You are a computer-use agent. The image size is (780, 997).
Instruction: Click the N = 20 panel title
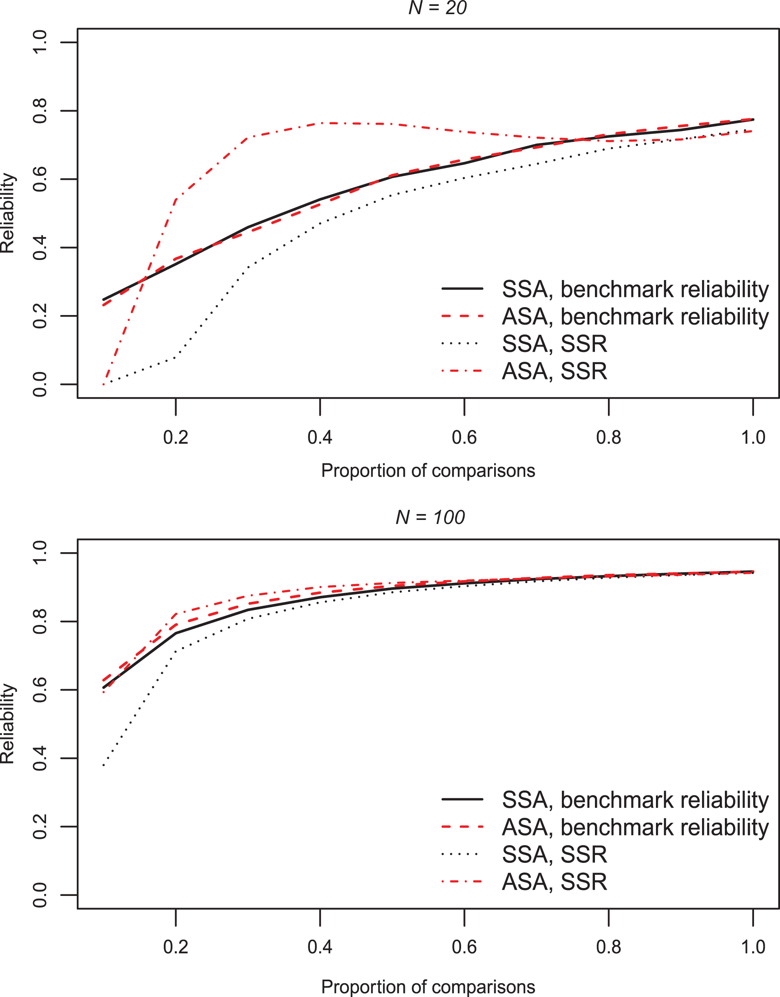[437, 8]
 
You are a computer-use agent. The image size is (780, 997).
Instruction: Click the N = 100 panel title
[430, 517]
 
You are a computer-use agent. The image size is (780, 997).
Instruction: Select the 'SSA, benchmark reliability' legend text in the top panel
[635, 289]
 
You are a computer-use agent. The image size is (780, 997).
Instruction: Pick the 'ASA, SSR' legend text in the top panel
[554, 371]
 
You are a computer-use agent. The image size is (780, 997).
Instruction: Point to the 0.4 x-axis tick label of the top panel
[320, 437]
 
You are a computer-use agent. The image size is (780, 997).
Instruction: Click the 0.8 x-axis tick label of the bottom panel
[609, 947]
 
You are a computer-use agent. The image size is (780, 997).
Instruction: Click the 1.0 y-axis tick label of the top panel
[40, 42]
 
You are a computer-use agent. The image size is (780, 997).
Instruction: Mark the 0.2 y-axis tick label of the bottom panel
[40, 826]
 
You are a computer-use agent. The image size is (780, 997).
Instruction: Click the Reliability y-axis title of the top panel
[8, 213]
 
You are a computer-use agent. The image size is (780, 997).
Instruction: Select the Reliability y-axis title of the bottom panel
[8, 724]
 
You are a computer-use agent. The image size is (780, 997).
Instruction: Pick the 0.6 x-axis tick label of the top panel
[464, 437]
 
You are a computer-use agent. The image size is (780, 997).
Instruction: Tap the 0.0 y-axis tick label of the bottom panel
[40, 895]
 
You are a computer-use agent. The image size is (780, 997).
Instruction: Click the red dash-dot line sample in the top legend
[462, 370]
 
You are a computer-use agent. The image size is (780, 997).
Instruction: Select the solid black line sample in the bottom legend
[462, 799]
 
